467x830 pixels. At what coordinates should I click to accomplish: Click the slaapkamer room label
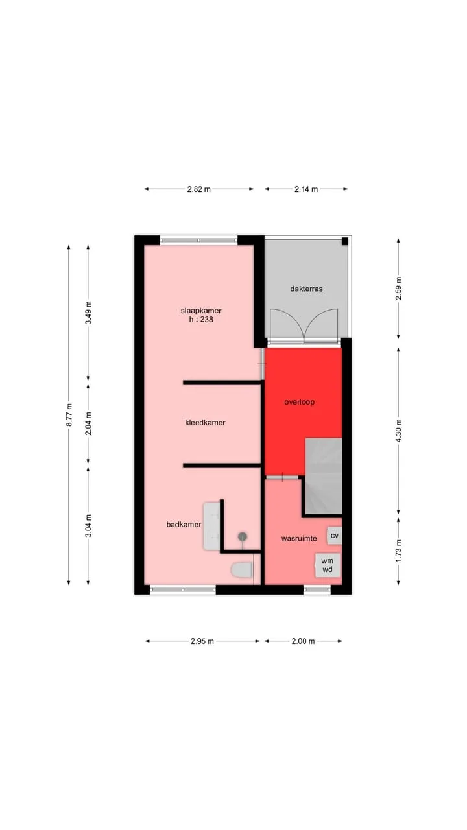(201, 311)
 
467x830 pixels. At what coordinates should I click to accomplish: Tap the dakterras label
(306, 289)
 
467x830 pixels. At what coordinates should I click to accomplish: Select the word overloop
(300, 402)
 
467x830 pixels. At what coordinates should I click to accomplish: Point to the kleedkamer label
(206, 423)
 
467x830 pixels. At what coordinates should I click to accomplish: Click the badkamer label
(184, 525)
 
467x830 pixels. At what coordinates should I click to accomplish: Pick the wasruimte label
(299, 538)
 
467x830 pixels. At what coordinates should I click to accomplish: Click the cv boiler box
(334, 536)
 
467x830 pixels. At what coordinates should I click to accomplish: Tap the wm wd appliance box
(328, 565)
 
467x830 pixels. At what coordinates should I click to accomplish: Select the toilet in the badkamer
(242, 570)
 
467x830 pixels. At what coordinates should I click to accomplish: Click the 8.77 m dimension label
(69, 414)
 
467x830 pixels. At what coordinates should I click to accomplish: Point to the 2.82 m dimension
(198, 189)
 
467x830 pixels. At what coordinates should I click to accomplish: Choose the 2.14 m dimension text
(306, 189)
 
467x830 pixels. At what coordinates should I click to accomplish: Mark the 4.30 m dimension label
(399, 431)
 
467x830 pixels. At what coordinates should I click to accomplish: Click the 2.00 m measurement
(303, 641)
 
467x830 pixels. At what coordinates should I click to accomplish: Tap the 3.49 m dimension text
(89, 313)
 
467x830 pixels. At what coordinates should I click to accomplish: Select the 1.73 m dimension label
(399, 551)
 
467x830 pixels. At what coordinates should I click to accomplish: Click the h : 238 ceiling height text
(201, 320)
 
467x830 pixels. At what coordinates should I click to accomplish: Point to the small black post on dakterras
(344, 242)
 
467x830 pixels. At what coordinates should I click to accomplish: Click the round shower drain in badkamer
(243, 536)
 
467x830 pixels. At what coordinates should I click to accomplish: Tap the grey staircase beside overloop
(323, 476)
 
